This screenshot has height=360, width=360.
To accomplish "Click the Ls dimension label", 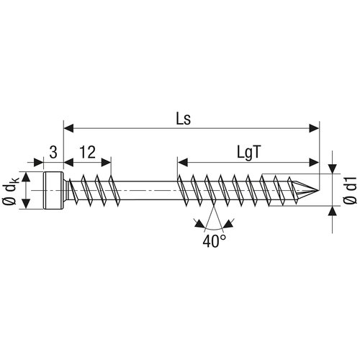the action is [x=184, y=119].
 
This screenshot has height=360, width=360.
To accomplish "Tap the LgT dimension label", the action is [x=249, y=153].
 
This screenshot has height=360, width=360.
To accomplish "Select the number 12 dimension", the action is [x=87, y=152].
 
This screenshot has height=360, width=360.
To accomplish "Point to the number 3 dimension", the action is [x=53, y=152].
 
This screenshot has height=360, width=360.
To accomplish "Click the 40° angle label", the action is [x=215, y=241].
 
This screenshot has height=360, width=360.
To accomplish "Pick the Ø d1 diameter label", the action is [x=351, y=190].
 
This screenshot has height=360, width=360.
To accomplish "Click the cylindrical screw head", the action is [x=53, y=191].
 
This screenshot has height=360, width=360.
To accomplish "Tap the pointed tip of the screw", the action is [x=319, y=191].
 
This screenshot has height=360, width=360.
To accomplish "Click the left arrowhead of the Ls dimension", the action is [x=68, y=128].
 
